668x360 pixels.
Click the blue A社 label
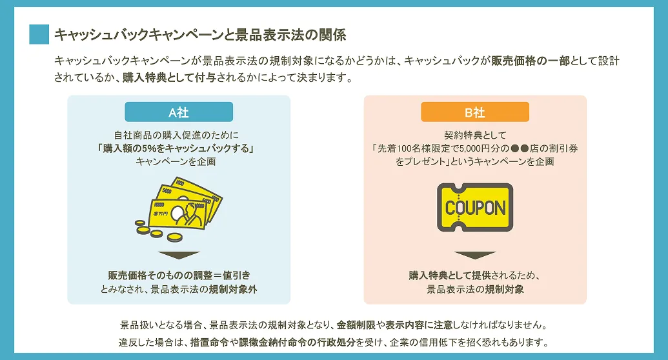pos(179,112)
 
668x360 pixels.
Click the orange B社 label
pos(475,112)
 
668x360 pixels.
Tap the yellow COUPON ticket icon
pos(475,207)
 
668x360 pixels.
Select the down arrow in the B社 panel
pos(475,255)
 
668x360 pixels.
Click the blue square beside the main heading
pos(39,34)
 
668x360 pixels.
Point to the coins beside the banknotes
pos(147,228)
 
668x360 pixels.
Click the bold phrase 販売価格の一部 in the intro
pos(530,61)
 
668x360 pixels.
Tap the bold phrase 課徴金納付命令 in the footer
pos(276,342)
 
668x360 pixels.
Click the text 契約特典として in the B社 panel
pos(475,135)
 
